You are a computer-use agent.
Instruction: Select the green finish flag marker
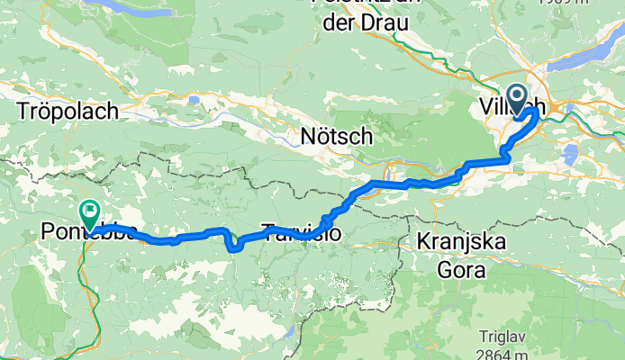[x=90, y=214]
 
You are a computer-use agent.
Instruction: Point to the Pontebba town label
[x=88, y=232]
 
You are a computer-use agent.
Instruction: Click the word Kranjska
[x=462, y=242]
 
